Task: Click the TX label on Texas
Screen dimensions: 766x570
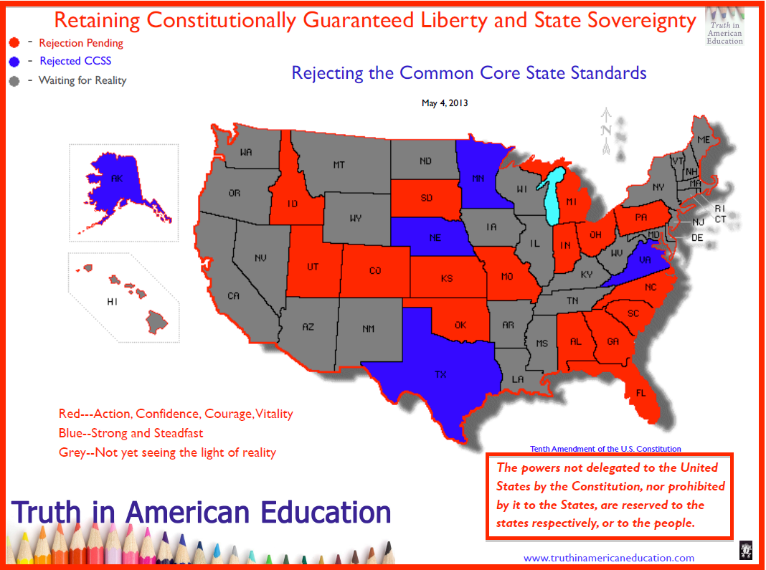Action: (440, 374)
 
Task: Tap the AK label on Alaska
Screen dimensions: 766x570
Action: (117, 179)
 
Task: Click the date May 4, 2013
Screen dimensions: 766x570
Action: (445, 103)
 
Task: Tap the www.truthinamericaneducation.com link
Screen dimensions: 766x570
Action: (609, 558)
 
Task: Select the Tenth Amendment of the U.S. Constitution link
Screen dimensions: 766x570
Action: (605, 449)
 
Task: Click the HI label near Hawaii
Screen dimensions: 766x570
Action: (112, 302)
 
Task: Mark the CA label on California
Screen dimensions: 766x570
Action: (233, 295)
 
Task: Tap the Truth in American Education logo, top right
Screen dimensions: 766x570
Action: (725, 27)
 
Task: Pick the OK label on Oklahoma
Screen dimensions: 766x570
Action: (460, 325)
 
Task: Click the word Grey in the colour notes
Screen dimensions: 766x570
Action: (72, 452)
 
